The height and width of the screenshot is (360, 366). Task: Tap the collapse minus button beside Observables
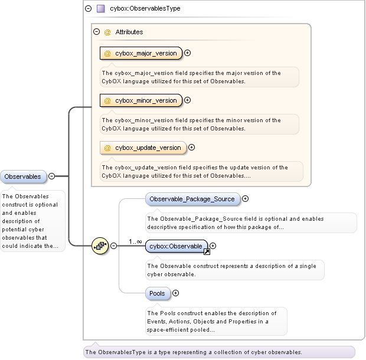pyautogui.click(x=51, y=176)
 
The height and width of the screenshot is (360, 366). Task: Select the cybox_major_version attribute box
pyautogui.click(x=141, y=53)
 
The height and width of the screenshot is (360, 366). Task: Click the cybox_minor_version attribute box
pyautogui.click(x=141, y=100)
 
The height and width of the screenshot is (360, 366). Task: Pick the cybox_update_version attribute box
pyautogui.click(x=143, y=148)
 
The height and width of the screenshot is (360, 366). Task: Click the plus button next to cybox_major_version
pyautogui.click(x=188, y=53)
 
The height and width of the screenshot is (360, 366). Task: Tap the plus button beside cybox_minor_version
pyautogui.click(x=188, y=100)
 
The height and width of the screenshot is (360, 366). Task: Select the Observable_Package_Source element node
pyautogui.click(x=193, y=199)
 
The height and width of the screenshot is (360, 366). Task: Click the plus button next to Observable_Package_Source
pyautogui.click(x=246, y=199)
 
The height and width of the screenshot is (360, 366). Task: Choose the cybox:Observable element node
pyautogui.click(x=176, y=246)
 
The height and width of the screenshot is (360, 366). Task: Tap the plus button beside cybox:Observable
pyautogui.click(x=213, y=246)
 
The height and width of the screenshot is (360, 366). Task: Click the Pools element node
pyautogui.click(x=158, y=293)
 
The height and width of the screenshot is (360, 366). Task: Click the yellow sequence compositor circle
pyautogui.click(x=100, y=246)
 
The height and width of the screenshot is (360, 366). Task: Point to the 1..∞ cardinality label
pyautogui.click(x=135, y=241)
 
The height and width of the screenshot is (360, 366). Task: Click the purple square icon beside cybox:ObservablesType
pyautogui.click(x=101, y=9)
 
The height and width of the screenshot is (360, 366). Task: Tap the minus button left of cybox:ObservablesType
pyautogui.click(x=88, y=9)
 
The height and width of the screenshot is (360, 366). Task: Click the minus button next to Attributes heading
pyautogui.click(x=97, y=32)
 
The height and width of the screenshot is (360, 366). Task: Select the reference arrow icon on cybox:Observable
pyautogui.click(x=207, y=252)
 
